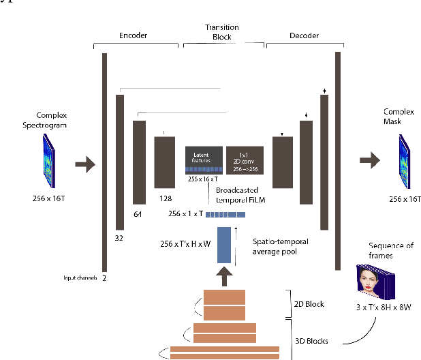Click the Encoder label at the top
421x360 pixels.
click(x=133, y=34)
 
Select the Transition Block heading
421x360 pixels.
click(x=223, y=32)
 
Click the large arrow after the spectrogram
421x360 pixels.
click(x=84, y=164)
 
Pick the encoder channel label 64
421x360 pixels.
click(x=139, y=215)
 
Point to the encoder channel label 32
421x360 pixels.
click(x=119, y=239)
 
